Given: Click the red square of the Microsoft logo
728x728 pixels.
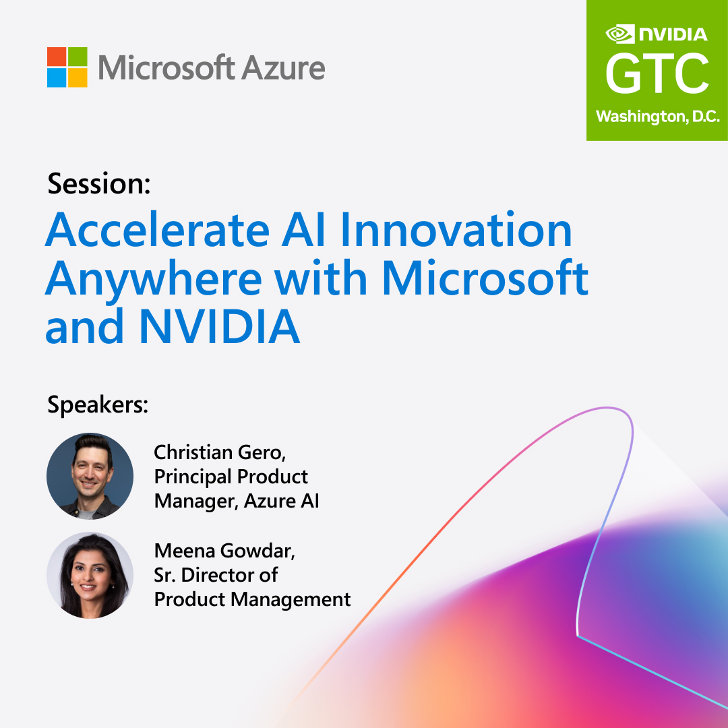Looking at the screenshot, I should click(57, 57).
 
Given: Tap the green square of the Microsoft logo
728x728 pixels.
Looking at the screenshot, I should click(78, 57).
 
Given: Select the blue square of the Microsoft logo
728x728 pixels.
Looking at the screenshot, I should click(57, 78).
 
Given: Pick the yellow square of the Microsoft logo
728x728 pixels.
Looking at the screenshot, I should click(78, 78).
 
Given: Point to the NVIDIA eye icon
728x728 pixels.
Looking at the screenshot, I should click(620, 34).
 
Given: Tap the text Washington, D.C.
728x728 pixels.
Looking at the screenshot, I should click(657, 117).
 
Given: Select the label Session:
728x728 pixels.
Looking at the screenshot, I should click(99, 184).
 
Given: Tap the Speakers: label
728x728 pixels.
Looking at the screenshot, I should click(98, 405).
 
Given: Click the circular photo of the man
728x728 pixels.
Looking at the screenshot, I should click(90, 476).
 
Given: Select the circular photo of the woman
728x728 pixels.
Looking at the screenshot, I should click(90, 575).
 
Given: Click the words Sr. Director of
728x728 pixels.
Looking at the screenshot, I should click(216, 575).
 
